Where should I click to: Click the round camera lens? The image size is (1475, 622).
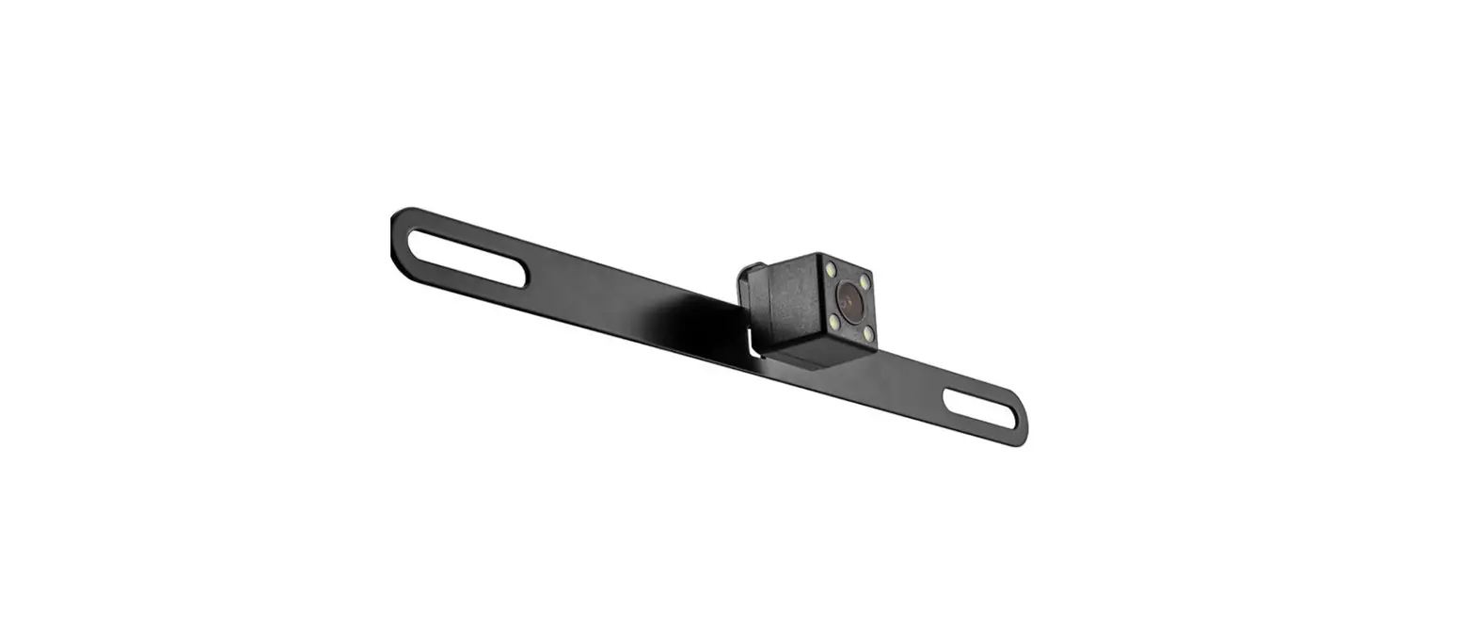tap(849, 301)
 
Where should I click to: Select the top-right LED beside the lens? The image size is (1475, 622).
tap(865, 281)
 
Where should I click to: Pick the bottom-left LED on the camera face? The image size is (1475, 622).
tap(834, 322)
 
